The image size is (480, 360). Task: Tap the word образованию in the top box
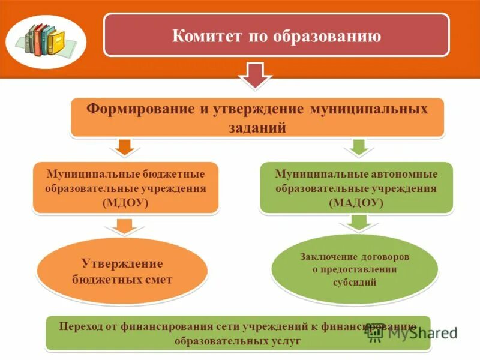point(328,36)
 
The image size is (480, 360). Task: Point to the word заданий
point(257,128)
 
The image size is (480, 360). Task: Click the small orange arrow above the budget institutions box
point(124,146)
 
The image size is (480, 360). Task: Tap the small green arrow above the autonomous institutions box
point(357,146)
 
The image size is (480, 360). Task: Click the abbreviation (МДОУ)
point(125,203)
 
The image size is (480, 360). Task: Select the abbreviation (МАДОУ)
point(356,203)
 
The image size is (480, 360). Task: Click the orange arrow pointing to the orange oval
point(124,227)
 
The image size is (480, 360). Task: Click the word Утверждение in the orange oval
point(122,264)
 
